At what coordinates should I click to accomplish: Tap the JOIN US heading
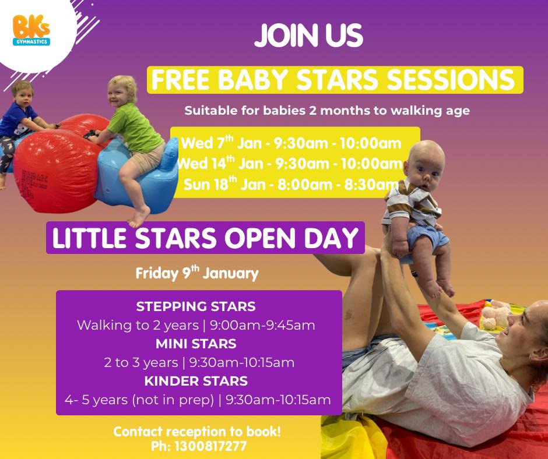[x=308, y=37]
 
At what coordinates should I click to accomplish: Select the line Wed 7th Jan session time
[x=291, y=143]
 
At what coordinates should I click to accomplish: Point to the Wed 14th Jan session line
[x=290, y=164]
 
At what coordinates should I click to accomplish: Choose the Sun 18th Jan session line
[x=290, y=185]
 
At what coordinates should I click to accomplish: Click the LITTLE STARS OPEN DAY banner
[x=205, y=238]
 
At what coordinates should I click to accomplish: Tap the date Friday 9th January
[x=197, y=273]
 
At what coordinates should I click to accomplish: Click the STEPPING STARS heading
[x=196, y=306]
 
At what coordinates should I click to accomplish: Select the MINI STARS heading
[x=196, y=344]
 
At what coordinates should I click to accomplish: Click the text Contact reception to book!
[x=197, y=432]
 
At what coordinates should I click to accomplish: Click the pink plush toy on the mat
[x=494, y=315]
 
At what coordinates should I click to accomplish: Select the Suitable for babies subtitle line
[x=326, y=111]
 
